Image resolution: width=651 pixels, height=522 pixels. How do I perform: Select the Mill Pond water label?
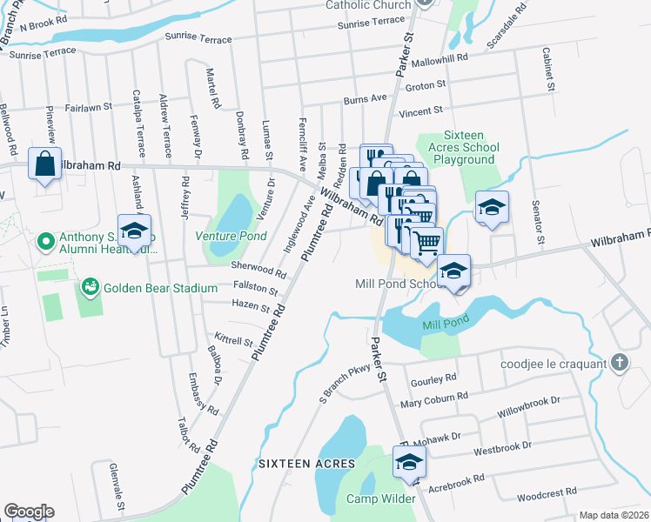446,323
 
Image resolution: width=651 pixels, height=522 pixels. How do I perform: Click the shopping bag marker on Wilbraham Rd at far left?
44,164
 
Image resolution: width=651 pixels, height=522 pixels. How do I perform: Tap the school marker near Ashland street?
135,231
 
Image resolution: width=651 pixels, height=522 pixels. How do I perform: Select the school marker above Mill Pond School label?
453,271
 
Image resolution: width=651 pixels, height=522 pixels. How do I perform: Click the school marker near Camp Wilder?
406,464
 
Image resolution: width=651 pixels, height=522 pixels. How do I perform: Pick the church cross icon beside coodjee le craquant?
619,363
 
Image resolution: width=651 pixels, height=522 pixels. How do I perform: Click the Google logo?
28,512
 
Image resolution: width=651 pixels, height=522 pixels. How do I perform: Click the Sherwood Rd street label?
258,269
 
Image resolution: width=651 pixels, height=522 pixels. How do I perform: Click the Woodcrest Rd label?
547,492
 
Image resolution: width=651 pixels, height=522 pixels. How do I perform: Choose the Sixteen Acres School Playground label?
470,147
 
